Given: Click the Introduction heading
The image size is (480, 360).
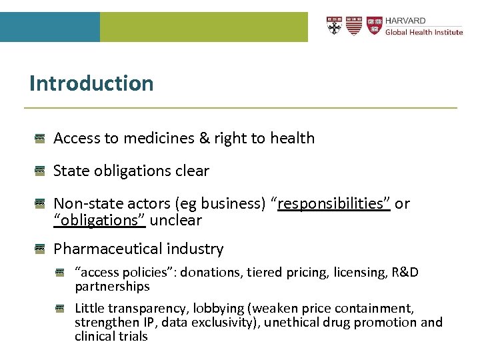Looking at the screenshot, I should click(91, 83).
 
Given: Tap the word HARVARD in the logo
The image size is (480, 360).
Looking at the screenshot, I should click(405, 21).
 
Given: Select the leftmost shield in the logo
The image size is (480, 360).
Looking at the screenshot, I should click(334, 25).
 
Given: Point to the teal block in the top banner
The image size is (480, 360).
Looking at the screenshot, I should click(50, 27).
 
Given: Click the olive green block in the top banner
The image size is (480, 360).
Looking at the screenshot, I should click(203, 27).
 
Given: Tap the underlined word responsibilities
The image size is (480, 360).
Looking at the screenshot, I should click(334, 203).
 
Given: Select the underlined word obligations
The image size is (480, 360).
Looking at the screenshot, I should click(100, 219).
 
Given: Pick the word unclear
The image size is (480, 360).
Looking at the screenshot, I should click(175, 219).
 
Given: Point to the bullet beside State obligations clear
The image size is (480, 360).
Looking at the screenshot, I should click(40, 171).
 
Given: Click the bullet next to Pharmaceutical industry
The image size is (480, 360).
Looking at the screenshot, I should click(40, 249).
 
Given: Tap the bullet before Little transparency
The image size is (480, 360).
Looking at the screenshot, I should click(61, 309).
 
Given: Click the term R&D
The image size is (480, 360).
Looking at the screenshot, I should click(404, 272).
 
